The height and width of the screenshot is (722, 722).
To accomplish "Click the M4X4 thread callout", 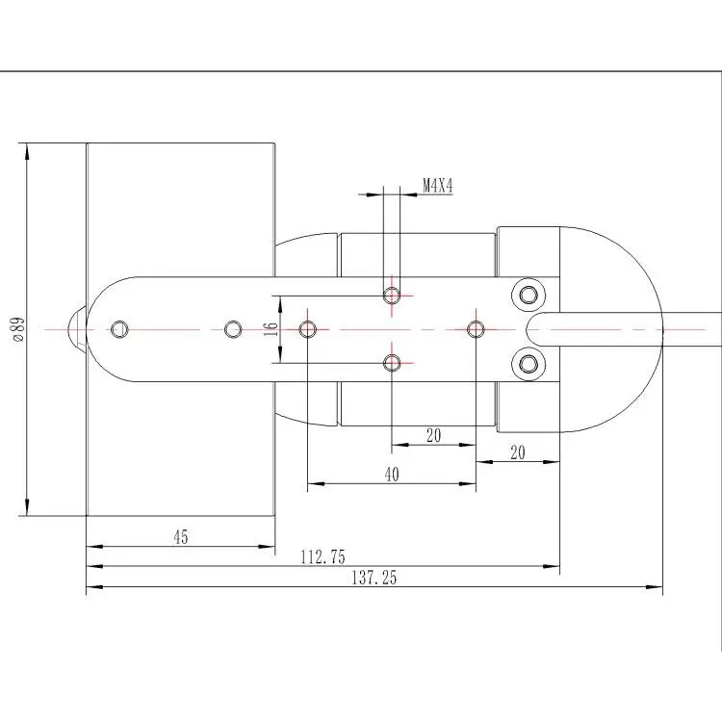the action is click(438, 186).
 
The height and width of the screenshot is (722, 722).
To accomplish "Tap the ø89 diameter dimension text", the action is click(19, 329).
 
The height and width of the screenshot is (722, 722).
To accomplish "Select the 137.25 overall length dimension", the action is click(374, 578).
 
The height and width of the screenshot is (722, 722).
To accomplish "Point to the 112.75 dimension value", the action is click(322, 557).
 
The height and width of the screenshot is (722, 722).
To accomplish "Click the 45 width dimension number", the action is click(181, 537).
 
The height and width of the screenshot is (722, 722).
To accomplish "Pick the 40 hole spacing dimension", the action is click(392, 475).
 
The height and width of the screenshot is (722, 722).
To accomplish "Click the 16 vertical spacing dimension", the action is click(271, 329).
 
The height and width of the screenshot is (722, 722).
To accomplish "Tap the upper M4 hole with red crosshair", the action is click(392, 295).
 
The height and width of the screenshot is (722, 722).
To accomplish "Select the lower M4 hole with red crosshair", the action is click(392, 363).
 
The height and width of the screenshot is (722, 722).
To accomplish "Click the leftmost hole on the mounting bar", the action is click(119, 329).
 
